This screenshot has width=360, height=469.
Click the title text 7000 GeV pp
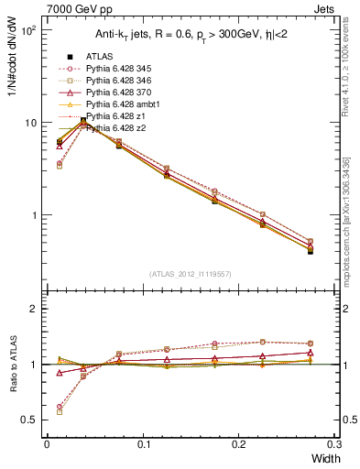point(73,7)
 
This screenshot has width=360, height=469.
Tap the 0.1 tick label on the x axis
point(143,443)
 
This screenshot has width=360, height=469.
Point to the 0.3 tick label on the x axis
point(333,443)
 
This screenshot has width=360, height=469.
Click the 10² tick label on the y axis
point(29,30)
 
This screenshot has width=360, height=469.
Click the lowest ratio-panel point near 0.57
point(60,412)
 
